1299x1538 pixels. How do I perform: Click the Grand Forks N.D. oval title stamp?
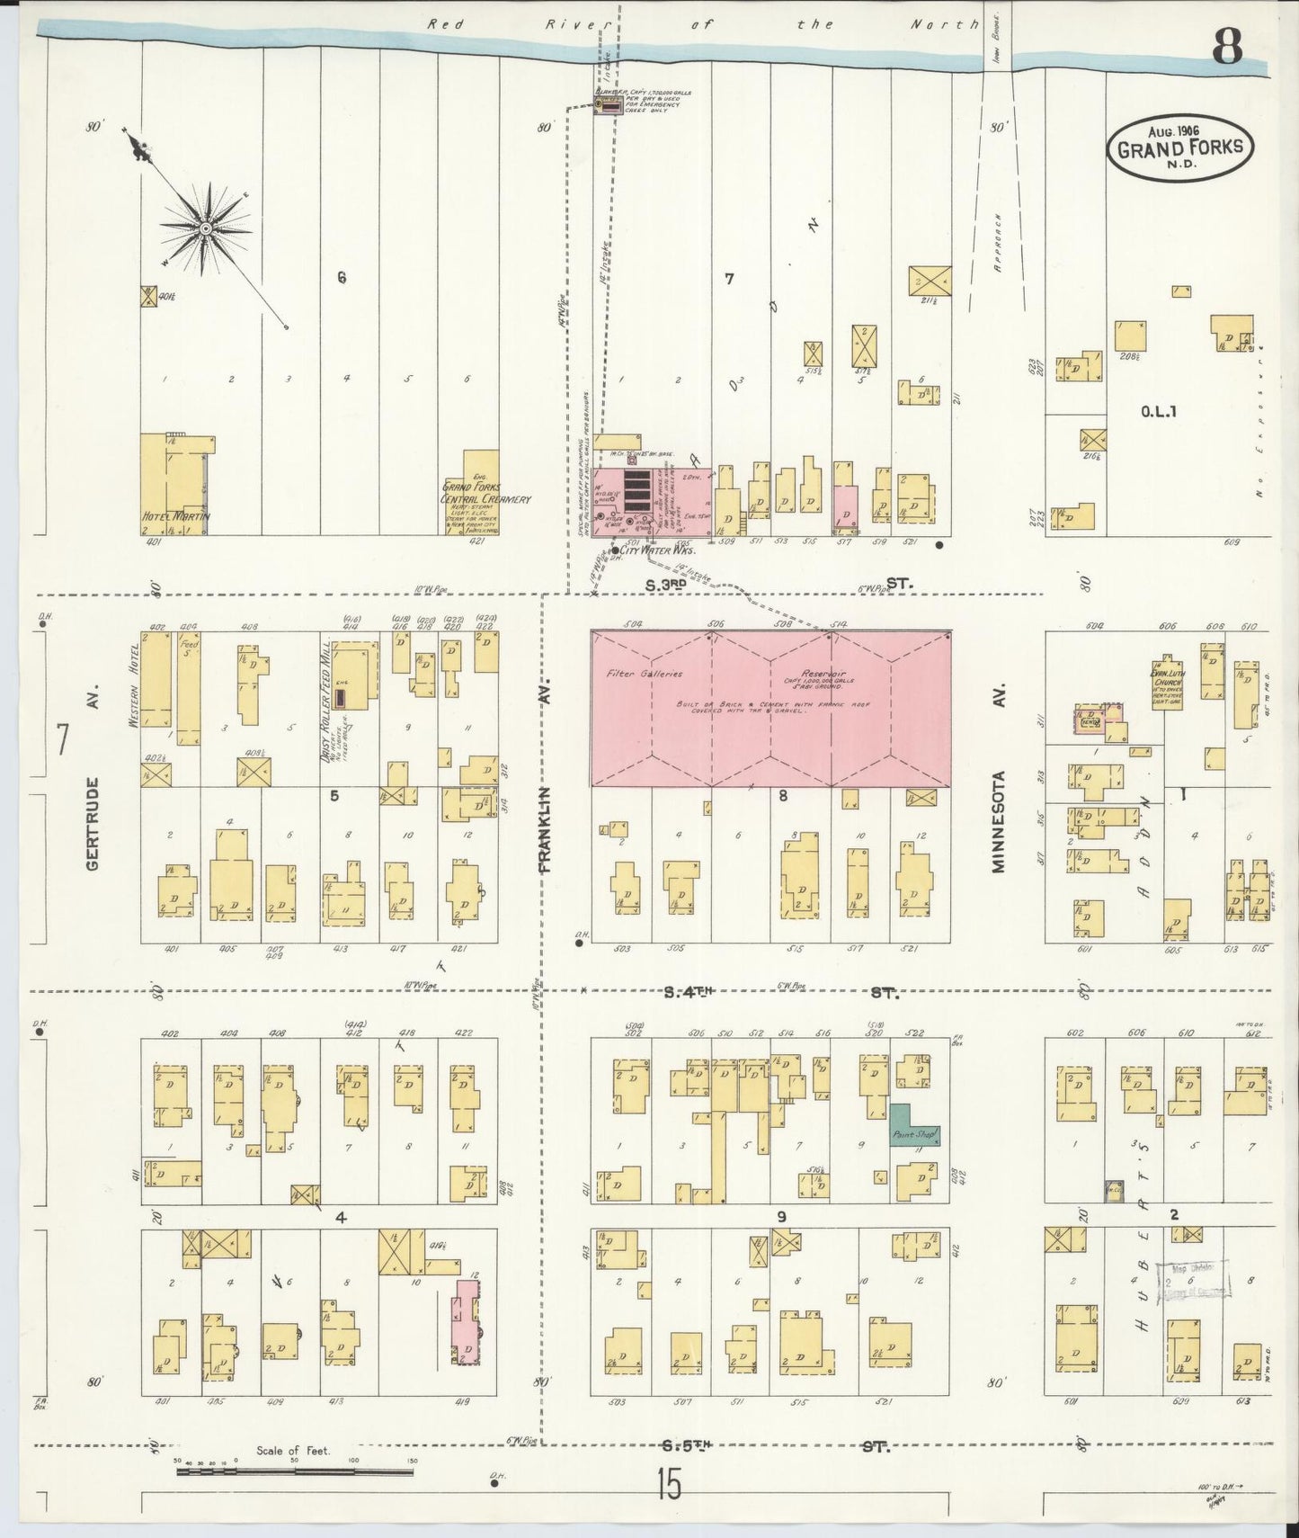point(1179,147)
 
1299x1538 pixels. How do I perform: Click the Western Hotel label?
point(137,684)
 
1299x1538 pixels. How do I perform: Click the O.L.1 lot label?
point(1158,413)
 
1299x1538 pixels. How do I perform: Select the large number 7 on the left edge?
point(62,739)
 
